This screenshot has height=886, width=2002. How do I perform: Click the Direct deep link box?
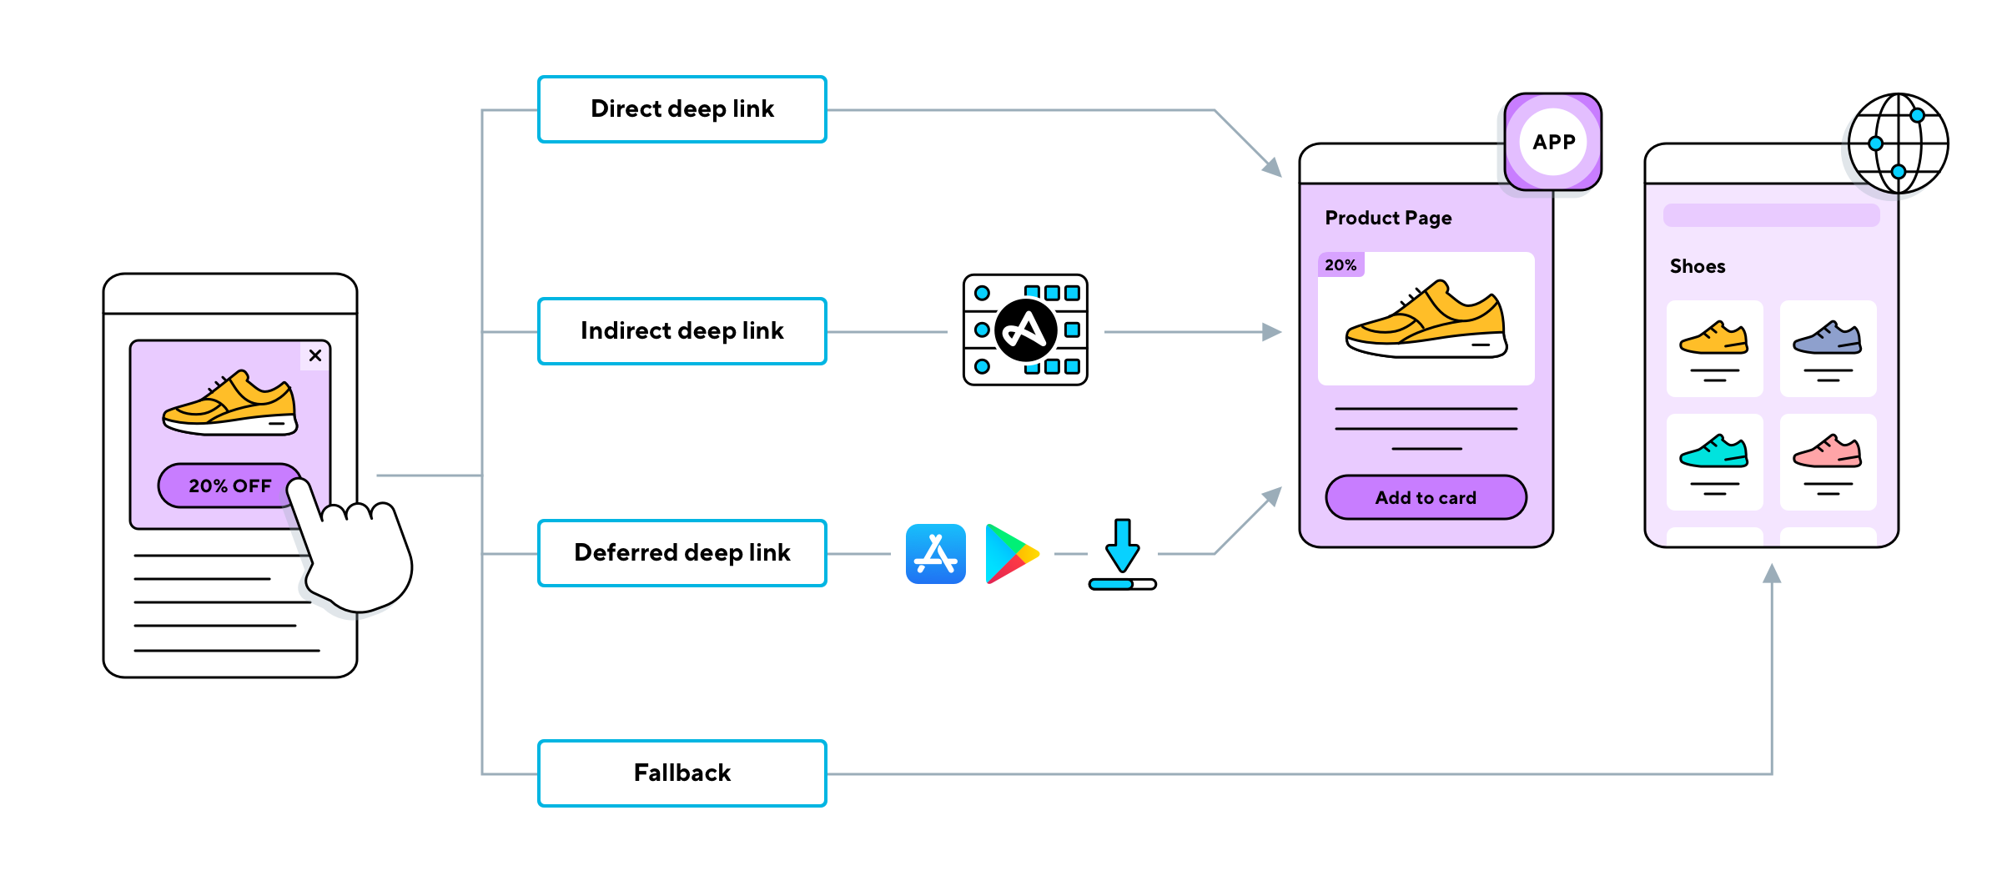point(682,109)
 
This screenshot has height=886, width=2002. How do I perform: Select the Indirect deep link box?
point(682,331)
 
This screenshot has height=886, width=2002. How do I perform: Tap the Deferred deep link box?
point(682,553)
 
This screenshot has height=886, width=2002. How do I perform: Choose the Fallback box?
point(682,773)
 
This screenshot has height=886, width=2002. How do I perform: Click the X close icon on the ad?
point(315,355)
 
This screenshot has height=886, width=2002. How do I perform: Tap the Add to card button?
point(1426,498)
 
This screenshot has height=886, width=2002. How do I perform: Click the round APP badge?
point(1553,142)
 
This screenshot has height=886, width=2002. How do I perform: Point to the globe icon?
point(1898,143)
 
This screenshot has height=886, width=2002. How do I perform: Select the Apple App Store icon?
point(935,554)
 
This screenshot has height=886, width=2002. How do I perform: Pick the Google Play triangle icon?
point(1009,554)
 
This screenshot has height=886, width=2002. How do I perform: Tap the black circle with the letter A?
point(1025,330)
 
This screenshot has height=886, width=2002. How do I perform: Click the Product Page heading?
point(1388,218)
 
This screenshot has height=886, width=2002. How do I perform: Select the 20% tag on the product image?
point(1341,265)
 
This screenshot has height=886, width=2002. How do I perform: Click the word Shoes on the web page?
point(1697,266)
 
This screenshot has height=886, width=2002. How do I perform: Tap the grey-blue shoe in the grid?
point(1827,338)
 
